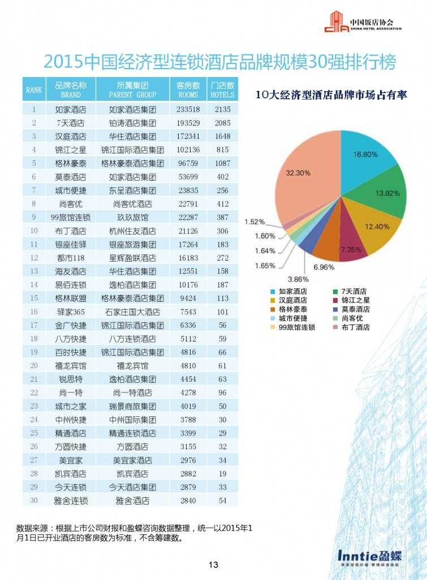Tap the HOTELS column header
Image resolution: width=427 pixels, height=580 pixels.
tap(222, 89)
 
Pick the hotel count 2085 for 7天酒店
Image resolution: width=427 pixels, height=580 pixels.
tap(222, 123)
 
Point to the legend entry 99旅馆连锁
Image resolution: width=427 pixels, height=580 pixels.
tap(293, 327)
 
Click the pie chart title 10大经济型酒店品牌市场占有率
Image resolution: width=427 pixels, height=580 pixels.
tap(331, 95)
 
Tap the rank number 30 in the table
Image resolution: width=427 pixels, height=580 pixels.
tap(34, 500)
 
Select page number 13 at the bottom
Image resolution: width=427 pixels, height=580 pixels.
tap(213, 565)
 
